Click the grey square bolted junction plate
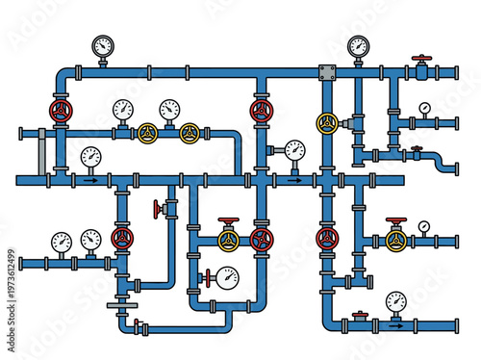pyautogui.click(x=327, y=72)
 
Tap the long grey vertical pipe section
pyautogui.click(x=40, y=152)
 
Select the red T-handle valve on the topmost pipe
pyautogui.click(x=420, y=64)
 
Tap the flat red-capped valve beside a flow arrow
pyautogui.click(x=360, y=315)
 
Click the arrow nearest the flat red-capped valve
pyautogui.click(x=394, y=325)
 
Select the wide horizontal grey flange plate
pyautogui.click(x=119, y=304)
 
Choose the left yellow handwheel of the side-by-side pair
pyautogui.click(x=148, y=133)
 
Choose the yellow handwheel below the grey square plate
pyautogui.click(x=327, y=122)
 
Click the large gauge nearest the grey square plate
pyautogui.click(x=358, y=45)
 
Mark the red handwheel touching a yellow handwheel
pyautogui.click(x=260, y=240)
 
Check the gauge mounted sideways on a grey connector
pyautogui.click(x=294, y=149)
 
